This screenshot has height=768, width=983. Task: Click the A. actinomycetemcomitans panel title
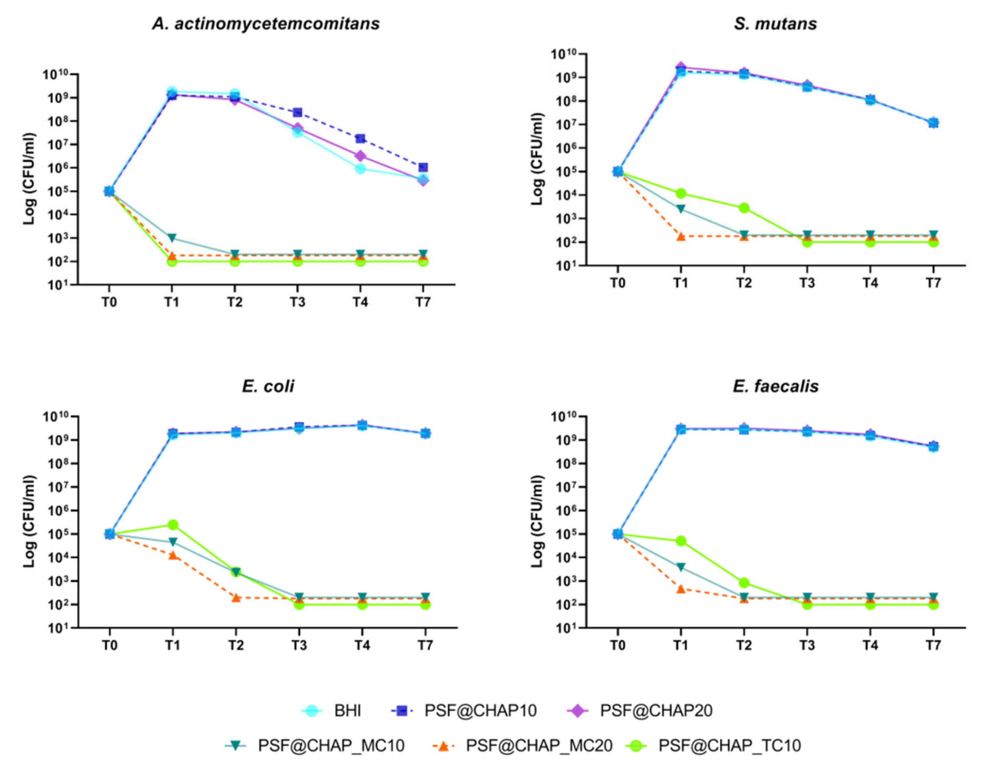click(265, 23)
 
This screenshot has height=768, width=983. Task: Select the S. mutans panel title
click(775, 23)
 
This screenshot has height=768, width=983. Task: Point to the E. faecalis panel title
click(775, 386)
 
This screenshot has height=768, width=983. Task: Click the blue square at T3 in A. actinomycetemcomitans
click(297, 112)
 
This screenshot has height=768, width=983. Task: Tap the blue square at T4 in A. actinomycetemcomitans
click(360, 139)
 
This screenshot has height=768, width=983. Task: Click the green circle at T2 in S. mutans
click(744, 208)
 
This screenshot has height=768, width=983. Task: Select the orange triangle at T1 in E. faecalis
click(681, 589)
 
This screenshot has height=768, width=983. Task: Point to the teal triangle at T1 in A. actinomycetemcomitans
click(172, 238)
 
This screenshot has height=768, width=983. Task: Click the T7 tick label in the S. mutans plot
click(933, 283)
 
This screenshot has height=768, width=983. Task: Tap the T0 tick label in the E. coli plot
click(110, 645)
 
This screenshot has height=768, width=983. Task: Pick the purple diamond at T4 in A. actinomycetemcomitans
click(360, 156)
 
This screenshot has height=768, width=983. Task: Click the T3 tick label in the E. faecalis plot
click(807, 645)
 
